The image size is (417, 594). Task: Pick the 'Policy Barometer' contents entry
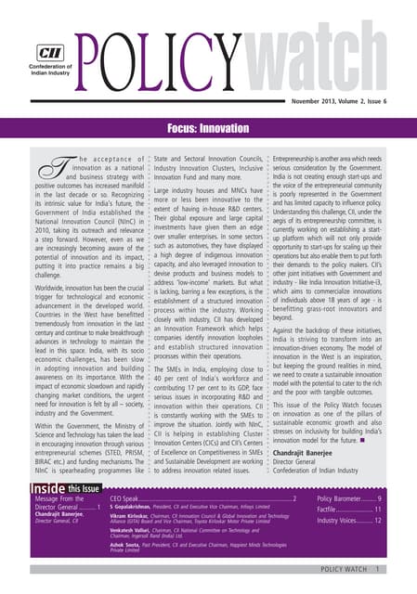344,498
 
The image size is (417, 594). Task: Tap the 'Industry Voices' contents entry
345,521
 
